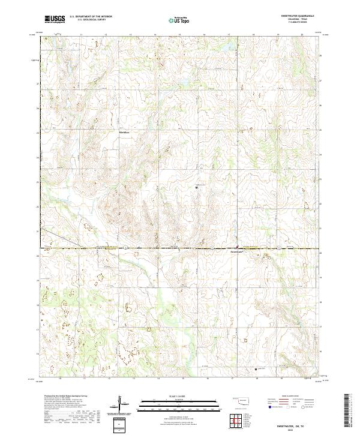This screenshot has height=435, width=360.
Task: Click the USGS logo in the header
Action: click(55, 20)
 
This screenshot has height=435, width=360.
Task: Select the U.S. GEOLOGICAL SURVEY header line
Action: click(87, 20)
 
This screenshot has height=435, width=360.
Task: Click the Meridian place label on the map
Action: click(124, 131)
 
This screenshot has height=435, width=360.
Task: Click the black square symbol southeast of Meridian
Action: click(198, 188)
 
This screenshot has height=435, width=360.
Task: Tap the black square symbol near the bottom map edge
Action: click(256, 369)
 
